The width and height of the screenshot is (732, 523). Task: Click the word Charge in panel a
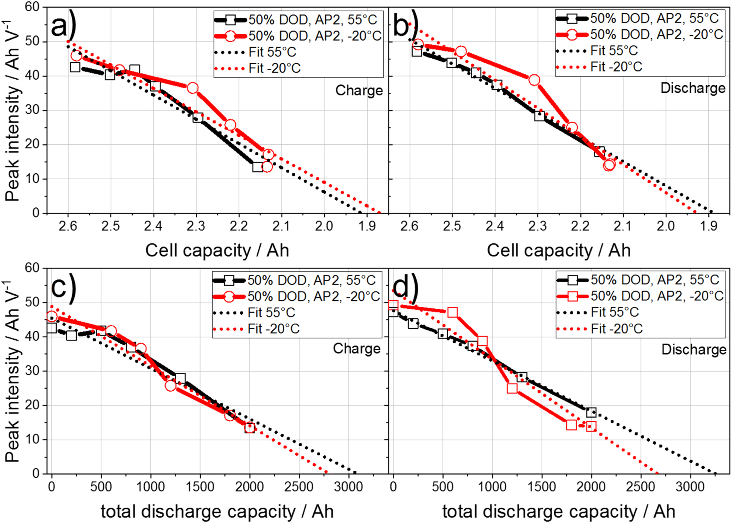click(x=359, y=90)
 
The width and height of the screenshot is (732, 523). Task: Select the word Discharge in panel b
click(x=693, y=88)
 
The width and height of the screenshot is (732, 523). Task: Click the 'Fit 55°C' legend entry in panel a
click(x=272, y=52)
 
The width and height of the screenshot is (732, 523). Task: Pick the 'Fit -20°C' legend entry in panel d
click(x=616, y=329)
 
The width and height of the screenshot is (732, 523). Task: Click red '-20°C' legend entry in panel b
click(x=656, y=35)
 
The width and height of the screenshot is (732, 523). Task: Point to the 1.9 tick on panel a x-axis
click(x=366, y=226)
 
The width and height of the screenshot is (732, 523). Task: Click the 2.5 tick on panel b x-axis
click(x=452, y=226)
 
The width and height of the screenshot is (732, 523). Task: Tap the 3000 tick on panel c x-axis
click(x=348, y=487)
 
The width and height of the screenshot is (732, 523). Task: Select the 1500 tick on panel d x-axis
click(x=541, y=487)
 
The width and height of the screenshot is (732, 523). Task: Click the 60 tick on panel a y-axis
click(x=32, y=7)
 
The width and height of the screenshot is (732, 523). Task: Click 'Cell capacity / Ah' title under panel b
click(x=558, y=250)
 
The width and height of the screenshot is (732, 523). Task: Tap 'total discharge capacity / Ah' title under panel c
click(x=217, y=512)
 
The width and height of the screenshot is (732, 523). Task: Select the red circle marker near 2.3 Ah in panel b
click(x=534, y=80)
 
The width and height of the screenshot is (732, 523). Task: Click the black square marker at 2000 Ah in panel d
click(x=591, y=412)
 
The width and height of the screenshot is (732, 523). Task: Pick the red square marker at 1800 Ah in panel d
click(x=571, y=425)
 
